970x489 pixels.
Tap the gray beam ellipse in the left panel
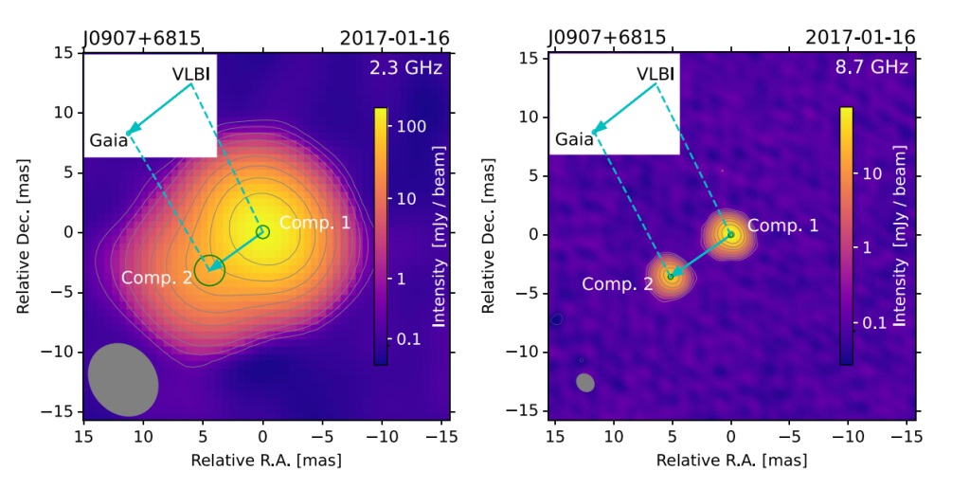click(123, 379)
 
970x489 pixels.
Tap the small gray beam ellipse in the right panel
click(585, 382)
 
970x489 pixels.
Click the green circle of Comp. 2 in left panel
click(209, 270)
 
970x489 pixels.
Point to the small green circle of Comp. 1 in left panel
click(262, 231)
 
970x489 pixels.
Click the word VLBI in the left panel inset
click(192, 73)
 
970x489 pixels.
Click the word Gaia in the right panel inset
click(574, 140)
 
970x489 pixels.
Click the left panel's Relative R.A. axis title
click(266, 461)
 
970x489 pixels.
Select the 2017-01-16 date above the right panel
click(860, 38)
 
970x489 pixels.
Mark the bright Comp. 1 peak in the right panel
click(729, 233)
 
